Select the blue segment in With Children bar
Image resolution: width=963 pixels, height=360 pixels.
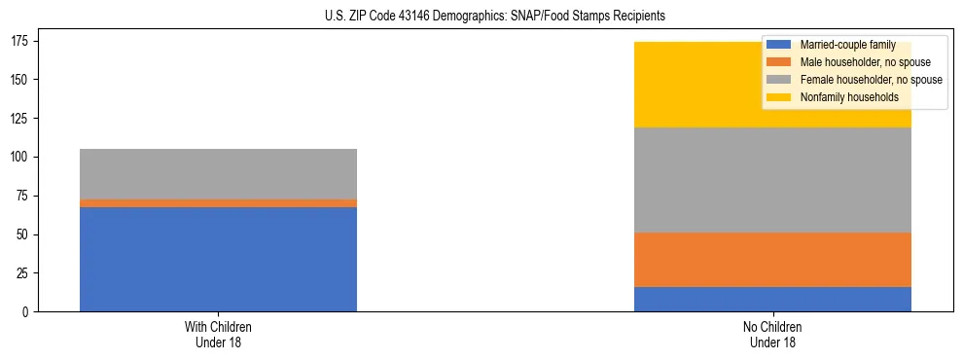[218, 259]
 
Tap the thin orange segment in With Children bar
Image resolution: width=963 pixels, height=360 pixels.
[218, 203]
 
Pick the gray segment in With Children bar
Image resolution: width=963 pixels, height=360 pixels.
[218, 174]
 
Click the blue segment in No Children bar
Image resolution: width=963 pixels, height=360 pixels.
[772, 299]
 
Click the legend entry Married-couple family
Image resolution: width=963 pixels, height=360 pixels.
[846, 45]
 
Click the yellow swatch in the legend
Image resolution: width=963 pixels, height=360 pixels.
[779, 97]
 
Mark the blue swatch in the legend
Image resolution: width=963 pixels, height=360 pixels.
[779, 45]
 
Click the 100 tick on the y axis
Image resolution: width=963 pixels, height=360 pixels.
[26, 157]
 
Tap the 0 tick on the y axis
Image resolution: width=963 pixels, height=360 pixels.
[32, 312]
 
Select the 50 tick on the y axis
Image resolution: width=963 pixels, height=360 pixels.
[29, 234]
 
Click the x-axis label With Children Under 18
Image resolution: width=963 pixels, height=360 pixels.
[218, 334]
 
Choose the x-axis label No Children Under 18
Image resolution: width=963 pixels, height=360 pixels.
[772, 334]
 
